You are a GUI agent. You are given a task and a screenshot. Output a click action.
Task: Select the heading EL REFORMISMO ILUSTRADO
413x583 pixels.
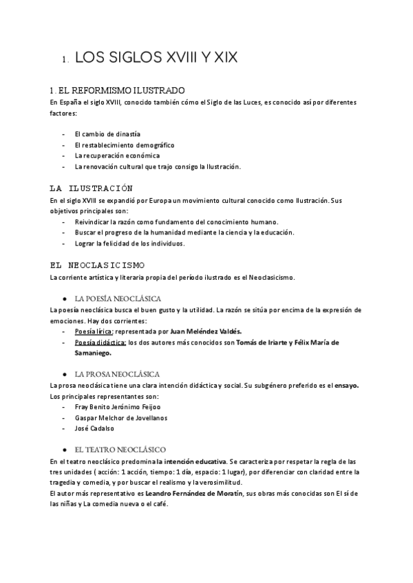tap(117, 90)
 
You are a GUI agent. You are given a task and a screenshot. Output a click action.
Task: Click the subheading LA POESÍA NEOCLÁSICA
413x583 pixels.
tap(118, 298)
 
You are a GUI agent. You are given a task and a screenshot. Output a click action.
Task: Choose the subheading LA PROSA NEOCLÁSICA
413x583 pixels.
tap(117, 374)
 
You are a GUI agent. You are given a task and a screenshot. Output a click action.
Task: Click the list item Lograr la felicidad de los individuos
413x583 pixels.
tap(129, 243)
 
